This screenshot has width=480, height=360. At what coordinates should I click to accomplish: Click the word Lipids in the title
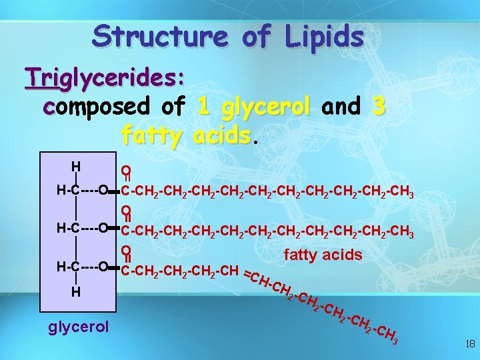tap(322, 36)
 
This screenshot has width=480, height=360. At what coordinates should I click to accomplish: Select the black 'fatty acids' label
tap(323, 255)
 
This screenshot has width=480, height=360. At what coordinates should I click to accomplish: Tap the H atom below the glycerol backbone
tap(77, 291)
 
